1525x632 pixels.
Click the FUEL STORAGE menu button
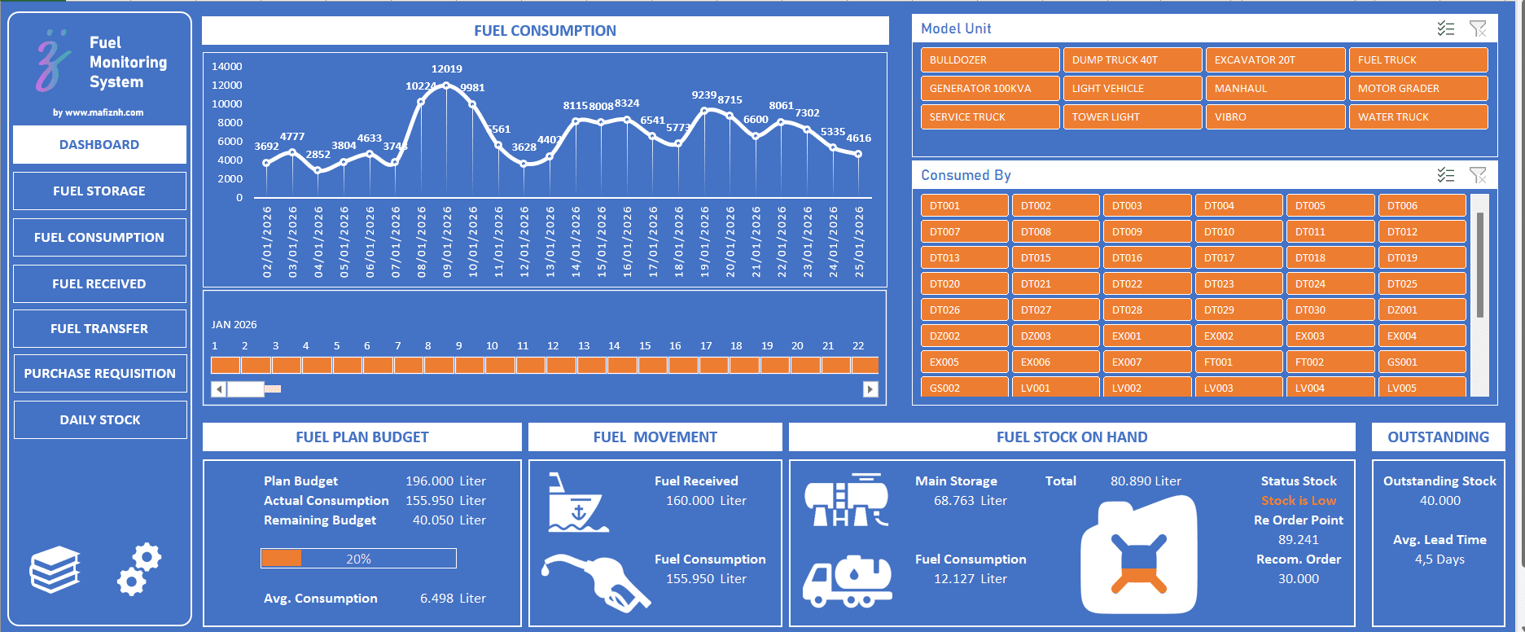pyautogui.click(x=99, y=191)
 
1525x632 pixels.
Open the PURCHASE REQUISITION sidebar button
pyautogui.click(x=99, y=373)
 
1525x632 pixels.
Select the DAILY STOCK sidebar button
pyautogui.click(x=99, y=419)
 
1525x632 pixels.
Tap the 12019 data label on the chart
pyautogui.click(x=446, y=69)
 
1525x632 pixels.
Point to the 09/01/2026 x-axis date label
pyautogui.click(x=447, y=242)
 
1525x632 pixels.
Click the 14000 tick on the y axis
pyautogui.click(x=226, y=67)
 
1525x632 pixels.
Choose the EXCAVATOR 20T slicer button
pyautogui.click(x=1274, y=59)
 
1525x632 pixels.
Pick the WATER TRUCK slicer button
pyautogui.click(x=1417, y=116)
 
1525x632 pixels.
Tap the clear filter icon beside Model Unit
pyautogui.click(x=1477, y=29)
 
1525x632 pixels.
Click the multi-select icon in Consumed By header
pyautogui.click(x=1445, y=175)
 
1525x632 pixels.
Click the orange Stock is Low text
pyautogui.click(x=1298, y=501)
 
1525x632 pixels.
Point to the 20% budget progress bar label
pyautogui.click(x=358, y=559)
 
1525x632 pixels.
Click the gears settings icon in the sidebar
pyautogui.click(x=139, y=568)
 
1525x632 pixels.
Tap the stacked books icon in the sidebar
pyautogui.click(x=55, y=569)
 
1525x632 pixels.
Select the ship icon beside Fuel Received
pyautogui.click(x=576, y=503)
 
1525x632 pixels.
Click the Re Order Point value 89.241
pyautogui.click(x=1298, y=540)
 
